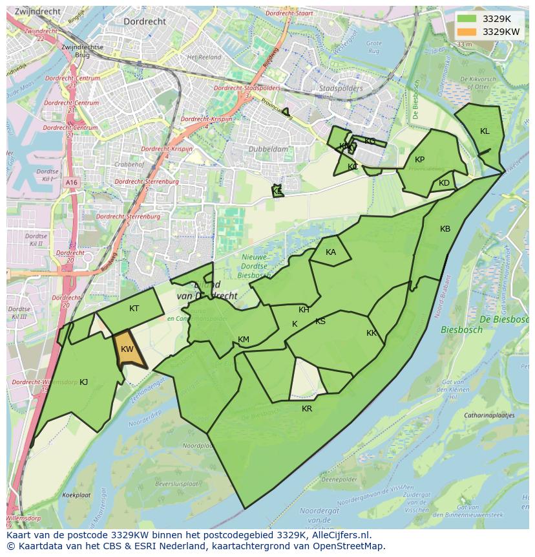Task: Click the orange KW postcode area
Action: (127, 350)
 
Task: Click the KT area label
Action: (134, 309)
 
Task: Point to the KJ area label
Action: (83, 382)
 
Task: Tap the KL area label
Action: (485, 131)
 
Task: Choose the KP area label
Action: (419, 160)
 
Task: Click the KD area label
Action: (444, 183)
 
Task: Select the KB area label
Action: (445, 229)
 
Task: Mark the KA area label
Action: (331, 252)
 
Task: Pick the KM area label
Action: (244, 340)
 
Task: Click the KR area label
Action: (307, 409)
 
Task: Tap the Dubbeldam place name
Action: (267, 149)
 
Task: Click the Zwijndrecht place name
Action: (37, 12)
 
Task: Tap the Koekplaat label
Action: (76, 495)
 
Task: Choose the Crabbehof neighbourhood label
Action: (129, 164)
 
